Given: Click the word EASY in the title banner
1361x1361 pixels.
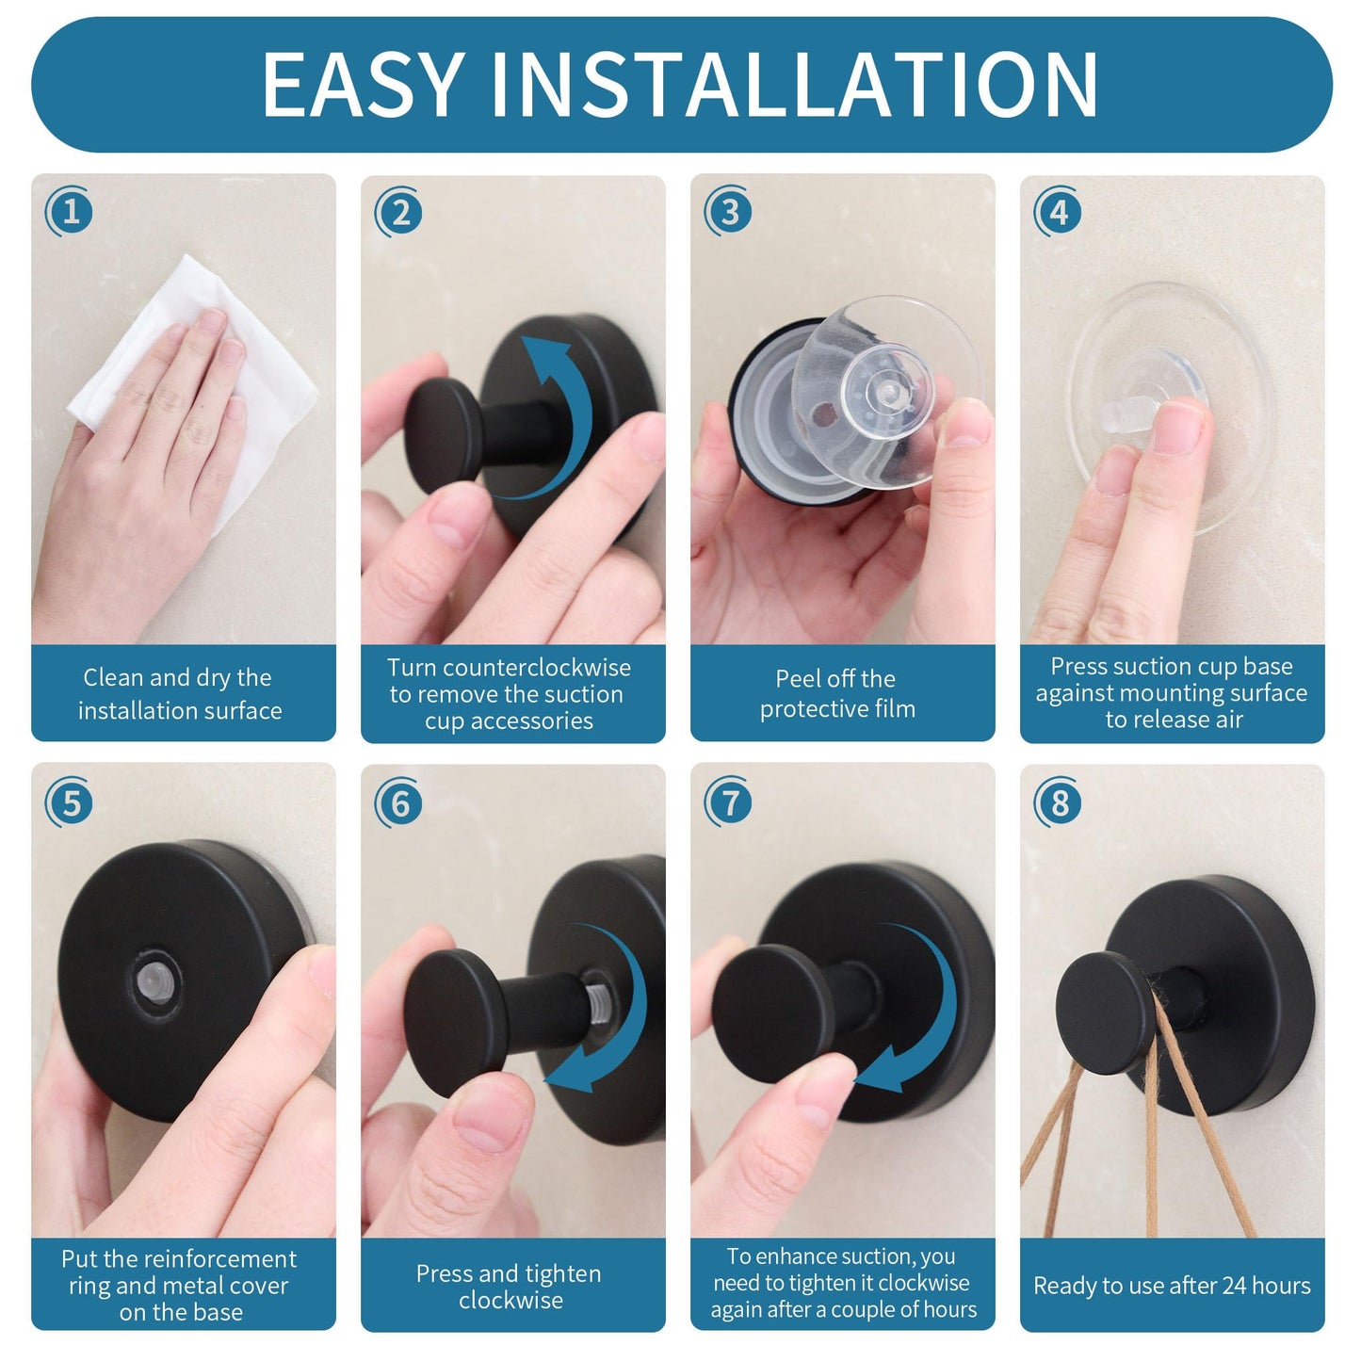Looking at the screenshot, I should pos(363,85).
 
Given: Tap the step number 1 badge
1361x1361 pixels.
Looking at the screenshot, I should pos(71,212).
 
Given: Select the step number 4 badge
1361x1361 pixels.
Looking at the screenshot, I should pos(1059,212).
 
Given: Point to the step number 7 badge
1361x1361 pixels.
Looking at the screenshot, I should pos(730,802).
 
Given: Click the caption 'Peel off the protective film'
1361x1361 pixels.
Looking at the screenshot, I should pos(837,693).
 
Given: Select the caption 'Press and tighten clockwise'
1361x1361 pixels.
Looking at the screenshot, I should pos(510,1287).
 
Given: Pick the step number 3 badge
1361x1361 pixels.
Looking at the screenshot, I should pos(730,212).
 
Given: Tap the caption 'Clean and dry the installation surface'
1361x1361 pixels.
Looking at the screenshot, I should pos(179,693).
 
